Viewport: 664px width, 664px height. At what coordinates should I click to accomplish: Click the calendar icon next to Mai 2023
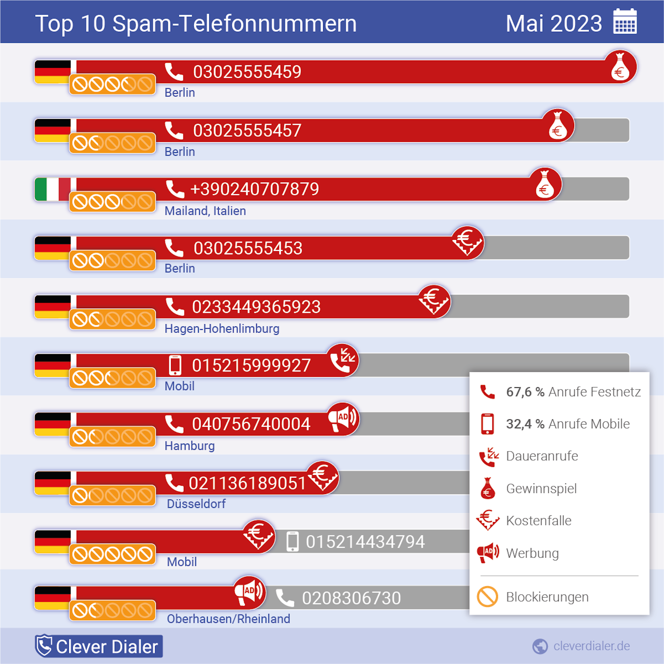pos(625,22)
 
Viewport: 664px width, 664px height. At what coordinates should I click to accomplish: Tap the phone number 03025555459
pos(247,72)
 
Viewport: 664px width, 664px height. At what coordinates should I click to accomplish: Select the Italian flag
pos(53,189)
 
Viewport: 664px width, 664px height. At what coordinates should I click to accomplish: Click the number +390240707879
pos(254,189)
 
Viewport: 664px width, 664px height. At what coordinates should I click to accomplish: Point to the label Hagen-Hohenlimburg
pos(222,328)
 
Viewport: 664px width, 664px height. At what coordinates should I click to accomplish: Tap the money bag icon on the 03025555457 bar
pos(558,126)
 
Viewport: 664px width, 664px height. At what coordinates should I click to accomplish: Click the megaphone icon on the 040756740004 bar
pos(342,419)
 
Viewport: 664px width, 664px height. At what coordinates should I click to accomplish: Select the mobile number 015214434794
pos(365,542)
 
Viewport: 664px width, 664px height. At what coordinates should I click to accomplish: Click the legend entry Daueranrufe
pos(542,456)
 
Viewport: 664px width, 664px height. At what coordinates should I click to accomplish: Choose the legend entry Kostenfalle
pos(539,521)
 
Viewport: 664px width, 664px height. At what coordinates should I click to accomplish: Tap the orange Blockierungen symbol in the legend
pos(487,597)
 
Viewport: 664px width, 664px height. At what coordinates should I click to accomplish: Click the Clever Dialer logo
pos(99,646)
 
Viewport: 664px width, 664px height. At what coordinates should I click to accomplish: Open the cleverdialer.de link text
pos(592,646)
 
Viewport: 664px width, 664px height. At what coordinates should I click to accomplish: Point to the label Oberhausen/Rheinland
pos(229,619)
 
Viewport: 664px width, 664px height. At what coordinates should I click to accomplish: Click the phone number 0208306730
pos(351,598)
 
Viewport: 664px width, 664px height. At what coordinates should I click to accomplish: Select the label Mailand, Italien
pos(205,211)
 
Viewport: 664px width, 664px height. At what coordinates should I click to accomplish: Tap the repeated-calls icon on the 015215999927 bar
pos(342,360)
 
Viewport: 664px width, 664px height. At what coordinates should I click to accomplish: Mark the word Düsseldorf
pos(196,504)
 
